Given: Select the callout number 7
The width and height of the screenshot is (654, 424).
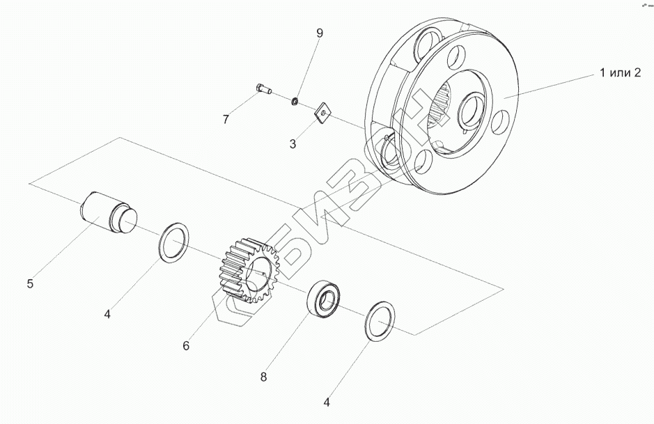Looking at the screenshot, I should coord(226,120).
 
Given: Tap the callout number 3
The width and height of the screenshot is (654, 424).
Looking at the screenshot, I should coord(293,145).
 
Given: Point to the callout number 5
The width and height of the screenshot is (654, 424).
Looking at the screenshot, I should coord(30,283).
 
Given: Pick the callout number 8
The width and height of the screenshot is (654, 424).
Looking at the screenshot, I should coord(263,377).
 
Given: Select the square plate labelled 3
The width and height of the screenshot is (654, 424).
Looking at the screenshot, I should coord(322,112).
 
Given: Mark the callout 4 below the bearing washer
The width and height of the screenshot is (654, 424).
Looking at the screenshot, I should coord(327,402).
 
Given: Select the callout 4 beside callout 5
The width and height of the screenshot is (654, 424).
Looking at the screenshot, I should coord(107,315).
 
